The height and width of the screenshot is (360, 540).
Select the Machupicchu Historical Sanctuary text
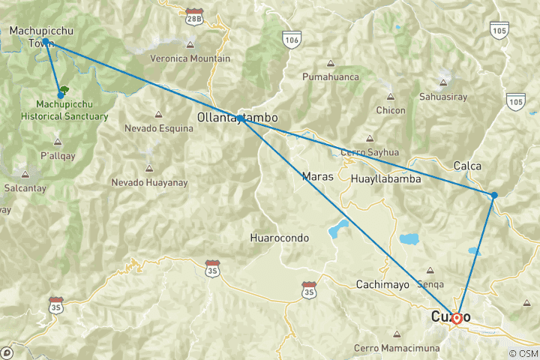click(71, 110)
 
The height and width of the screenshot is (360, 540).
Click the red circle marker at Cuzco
click(457, 318)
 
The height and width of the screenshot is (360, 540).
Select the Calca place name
click(467, 166)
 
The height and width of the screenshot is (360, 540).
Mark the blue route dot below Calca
click(494, 195)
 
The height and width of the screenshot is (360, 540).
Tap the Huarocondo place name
click(279, 238)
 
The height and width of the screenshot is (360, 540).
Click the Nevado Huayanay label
click(149, 182)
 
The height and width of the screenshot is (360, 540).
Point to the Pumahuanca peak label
click(330, 76)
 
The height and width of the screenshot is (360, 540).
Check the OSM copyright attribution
click(522, 353)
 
